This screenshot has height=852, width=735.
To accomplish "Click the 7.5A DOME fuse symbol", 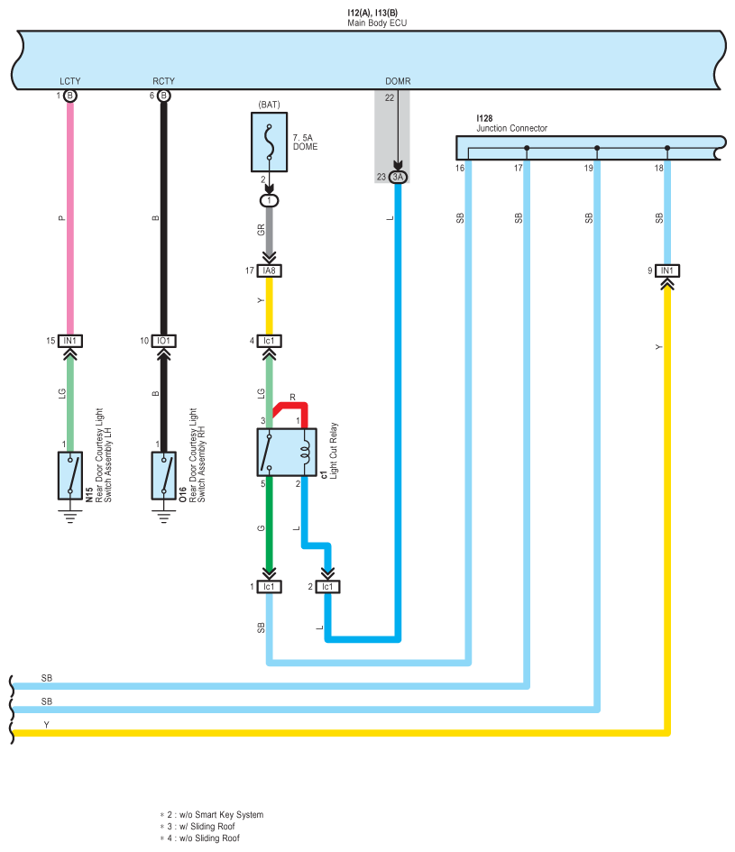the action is [x=269, y=142].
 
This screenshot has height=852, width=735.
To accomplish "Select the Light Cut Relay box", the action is [x=287, y=452].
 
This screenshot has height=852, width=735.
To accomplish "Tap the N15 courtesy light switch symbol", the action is [x=70, y=475].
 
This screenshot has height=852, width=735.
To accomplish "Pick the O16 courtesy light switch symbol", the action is [x=163, y=475].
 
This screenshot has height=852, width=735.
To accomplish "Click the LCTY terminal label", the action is [x=70, y=81].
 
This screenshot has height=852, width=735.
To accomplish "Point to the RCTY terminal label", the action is [x=163, y=81].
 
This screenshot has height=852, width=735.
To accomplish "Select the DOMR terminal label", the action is [x=398, y=81].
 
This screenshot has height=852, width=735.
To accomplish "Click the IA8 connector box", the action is [x=269, y=270].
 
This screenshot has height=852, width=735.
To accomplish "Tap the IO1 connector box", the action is [x=163, y=341].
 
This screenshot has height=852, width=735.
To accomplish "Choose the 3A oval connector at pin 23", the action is [x=398, y=177].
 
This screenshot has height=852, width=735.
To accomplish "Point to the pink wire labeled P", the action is [x=70, y=218].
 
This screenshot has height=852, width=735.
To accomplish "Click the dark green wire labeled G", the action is [x=269, y=524].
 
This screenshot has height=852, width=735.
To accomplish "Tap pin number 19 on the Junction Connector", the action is [x=588, y=168].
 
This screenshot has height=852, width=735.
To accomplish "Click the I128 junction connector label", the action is [x=484, y=118].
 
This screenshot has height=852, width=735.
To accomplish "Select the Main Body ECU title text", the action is [x=377, y=23].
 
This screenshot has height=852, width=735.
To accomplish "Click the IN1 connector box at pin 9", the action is [x=667, y=270].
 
